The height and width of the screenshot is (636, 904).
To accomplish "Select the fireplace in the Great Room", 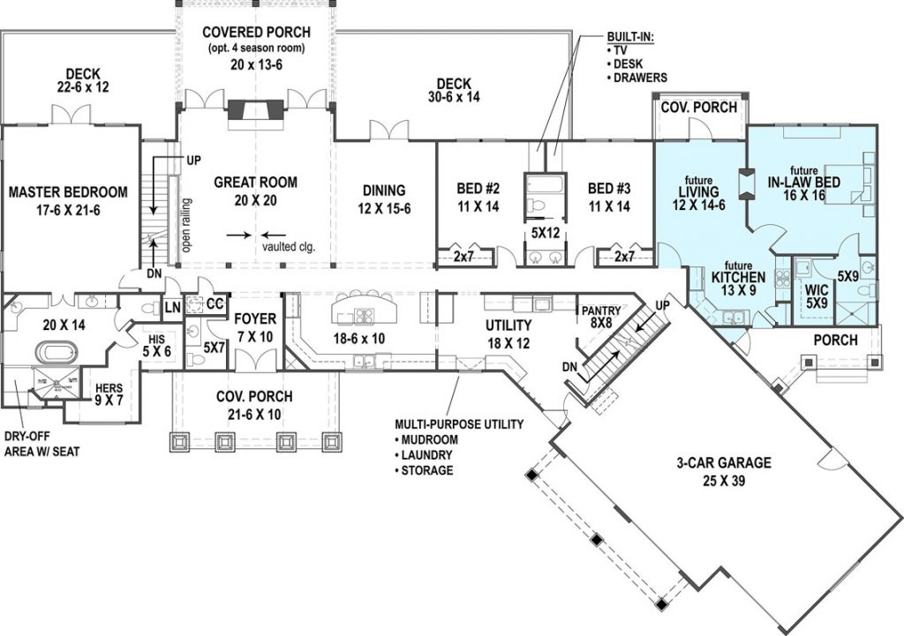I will click(256, 109).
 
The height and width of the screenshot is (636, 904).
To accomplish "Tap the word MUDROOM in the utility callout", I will click(429, 439).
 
